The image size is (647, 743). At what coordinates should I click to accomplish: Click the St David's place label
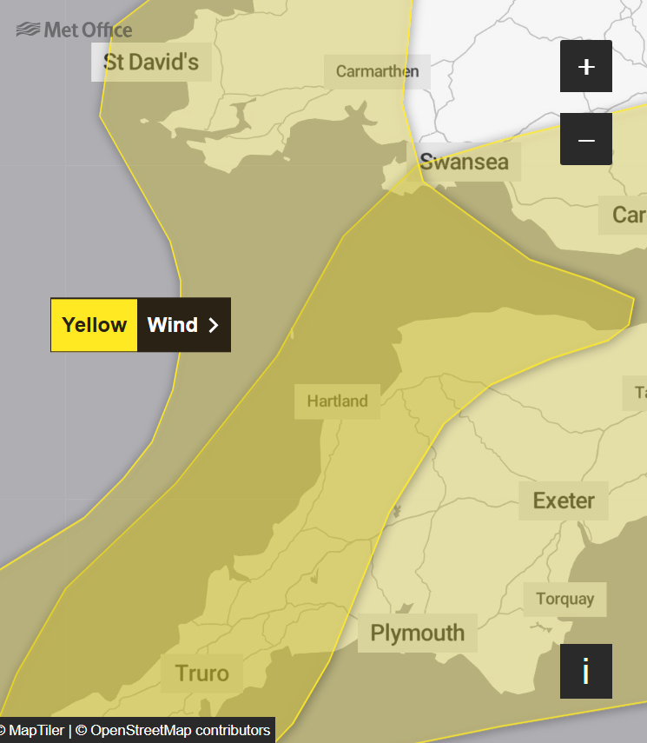click(x=151, y=62)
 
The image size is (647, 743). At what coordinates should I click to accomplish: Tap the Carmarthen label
click(x=377, y=71)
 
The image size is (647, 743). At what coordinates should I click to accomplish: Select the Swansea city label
click(x=464, y=162)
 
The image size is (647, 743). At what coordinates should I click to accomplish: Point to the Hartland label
click(x=337, y=401)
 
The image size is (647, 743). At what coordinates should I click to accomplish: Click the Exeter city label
click(x=564, y=501)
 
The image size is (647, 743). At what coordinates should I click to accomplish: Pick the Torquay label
click(x=564, y=599)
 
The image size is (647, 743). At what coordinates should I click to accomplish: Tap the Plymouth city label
click(x=418, y=633)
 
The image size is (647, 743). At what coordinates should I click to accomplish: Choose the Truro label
click(x=202, y=673)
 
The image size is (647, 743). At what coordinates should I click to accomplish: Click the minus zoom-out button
click(x=586, y=139)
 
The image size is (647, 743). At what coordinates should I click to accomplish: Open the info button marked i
click(x=586, y=671)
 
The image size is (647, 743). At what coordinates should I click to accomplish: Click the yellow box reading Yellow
click(x=94, y=325)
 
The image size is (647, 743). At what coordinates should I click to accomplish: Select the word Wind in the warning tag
click(x=173, y=325)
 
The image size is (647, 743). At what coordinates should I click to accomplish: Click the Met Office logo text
click(x=88, y=30)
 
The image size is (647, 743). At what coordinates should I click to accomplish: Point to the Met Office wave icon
click(x=28, y=30)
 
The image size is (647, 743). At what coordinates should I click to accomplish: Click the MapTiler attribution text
click(x=36, y=730)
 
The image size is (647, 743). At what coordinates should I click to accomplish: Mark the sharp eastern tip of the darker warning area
click(x=633, y=300)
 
